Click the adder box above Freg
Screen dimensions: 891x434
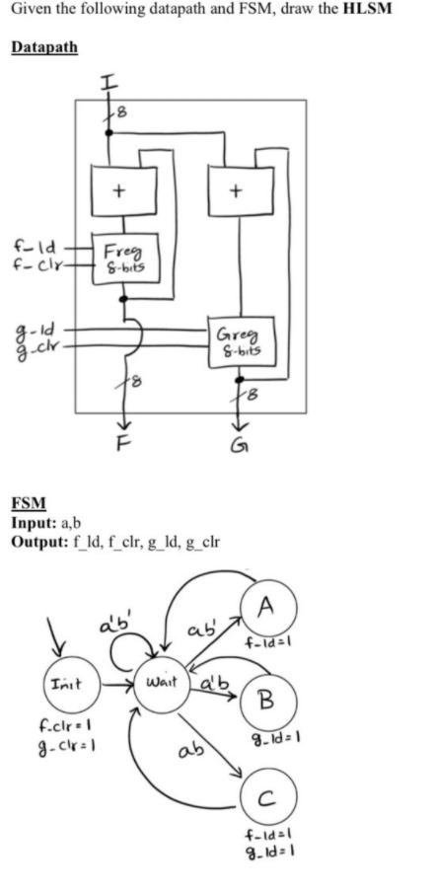(119, 191)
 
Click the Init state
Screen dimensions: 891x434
(62, 682)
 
